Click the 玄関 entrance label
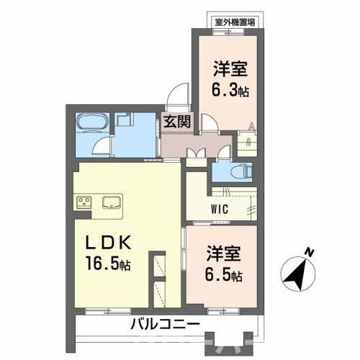(x=176, y=122)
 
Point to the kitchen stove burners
(x=83, y=201)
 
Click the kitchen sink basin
(x=112, y=201)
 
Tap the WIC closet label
(x=221, y=210)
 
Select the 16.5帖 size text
(x=107, y=263)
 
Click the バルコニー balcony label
(x=165, y=324)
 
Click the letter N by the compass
(x=308, y=253)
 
